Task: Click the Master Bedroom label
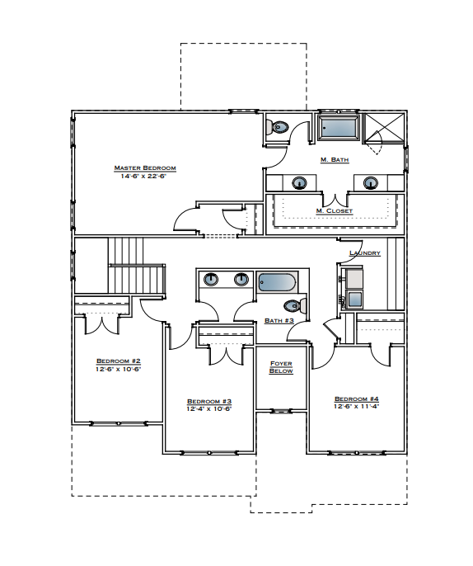145,168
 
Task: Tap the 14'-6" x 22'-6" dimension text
145,177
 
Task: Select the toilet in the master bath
279,127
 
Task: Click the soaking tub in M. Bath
339,127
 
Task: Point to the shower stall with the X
385,132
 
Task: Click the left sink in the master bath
298,182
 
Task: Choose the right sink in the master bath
370,182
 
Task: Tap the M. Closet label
334,211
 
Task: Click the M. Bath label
334,159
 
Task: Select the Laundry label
364,253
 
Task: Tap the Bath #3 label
279,321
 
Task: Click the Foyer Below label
281,366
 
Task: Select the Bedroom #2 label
119,361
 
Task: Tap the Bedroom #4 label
356,399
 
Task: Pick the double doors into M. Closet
334,199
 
